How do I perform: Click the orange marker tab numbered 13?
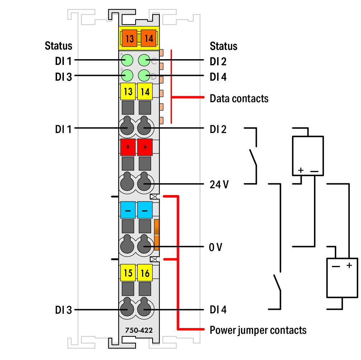[x=130, y=38]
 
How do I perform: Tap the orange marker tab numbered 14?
[x=149, y=38]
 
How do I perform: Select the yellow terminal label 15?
[x=128, y=273]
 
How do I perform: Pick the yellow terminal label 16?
[x=145, y=273]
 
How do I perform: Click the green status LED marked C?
[x=144, y=60]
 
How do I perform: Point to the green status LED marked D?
[x=144, y=75]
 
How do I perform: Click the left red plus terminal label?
[x=128, y=147]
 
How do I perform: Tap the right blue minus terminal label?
[x=145, y=210]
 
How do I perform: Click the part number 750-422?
[x=139, y=330]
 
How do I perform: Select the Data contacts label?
[x=239, y=99]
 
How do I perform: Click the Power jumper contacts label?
[x=258, y=330]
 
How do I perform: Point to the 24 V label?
[x=219, y=185]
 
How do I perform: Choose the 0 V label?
[x=216, y=247]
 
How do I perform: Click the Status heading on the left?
[x=58, y=46]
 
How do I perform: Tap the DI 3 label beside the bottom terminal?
[x=64, y=310]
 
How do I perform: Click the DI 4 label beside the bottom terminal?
[x=218, y=310]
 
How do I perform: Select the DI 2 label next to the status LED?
[x=218, y=61]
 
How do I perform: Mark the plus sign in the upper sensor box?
[x=301, y=170]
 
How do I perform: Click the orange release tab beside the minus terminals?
[x=156, y=235]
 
